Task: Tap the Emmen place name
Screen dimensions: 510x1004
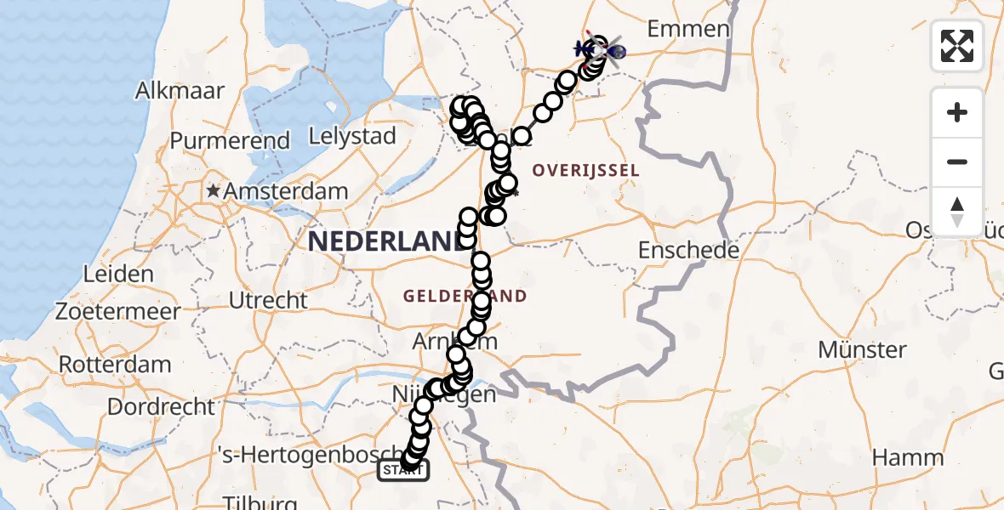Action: [688, 29]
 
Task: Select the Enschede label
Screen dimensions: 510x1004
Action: [690, 251]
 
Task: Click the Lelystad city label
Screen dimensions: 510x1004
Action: [352, 136]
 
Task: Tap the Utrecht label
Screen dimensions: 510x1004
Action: [268, 300]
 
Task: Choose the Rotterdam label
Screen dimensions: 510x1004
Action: [114, 364]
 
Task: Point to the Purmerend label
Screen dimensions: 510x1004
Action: [231, 140]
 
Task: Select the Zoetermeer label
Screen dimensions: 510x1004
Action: [118, 311]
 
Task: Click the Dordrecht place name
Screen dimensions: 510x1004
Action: [161, 406]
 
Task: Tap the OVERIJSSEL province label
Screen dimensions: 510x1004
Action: [585, 171]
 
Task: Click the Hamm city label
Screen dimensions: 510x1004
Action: [909, 457]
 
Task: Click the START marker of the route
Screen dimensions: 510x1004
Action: [403, 470]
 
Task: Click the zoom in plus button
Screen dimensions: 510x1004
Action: [957, 112]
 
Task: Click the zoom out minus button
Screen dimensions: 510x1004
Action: [957, 161]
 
